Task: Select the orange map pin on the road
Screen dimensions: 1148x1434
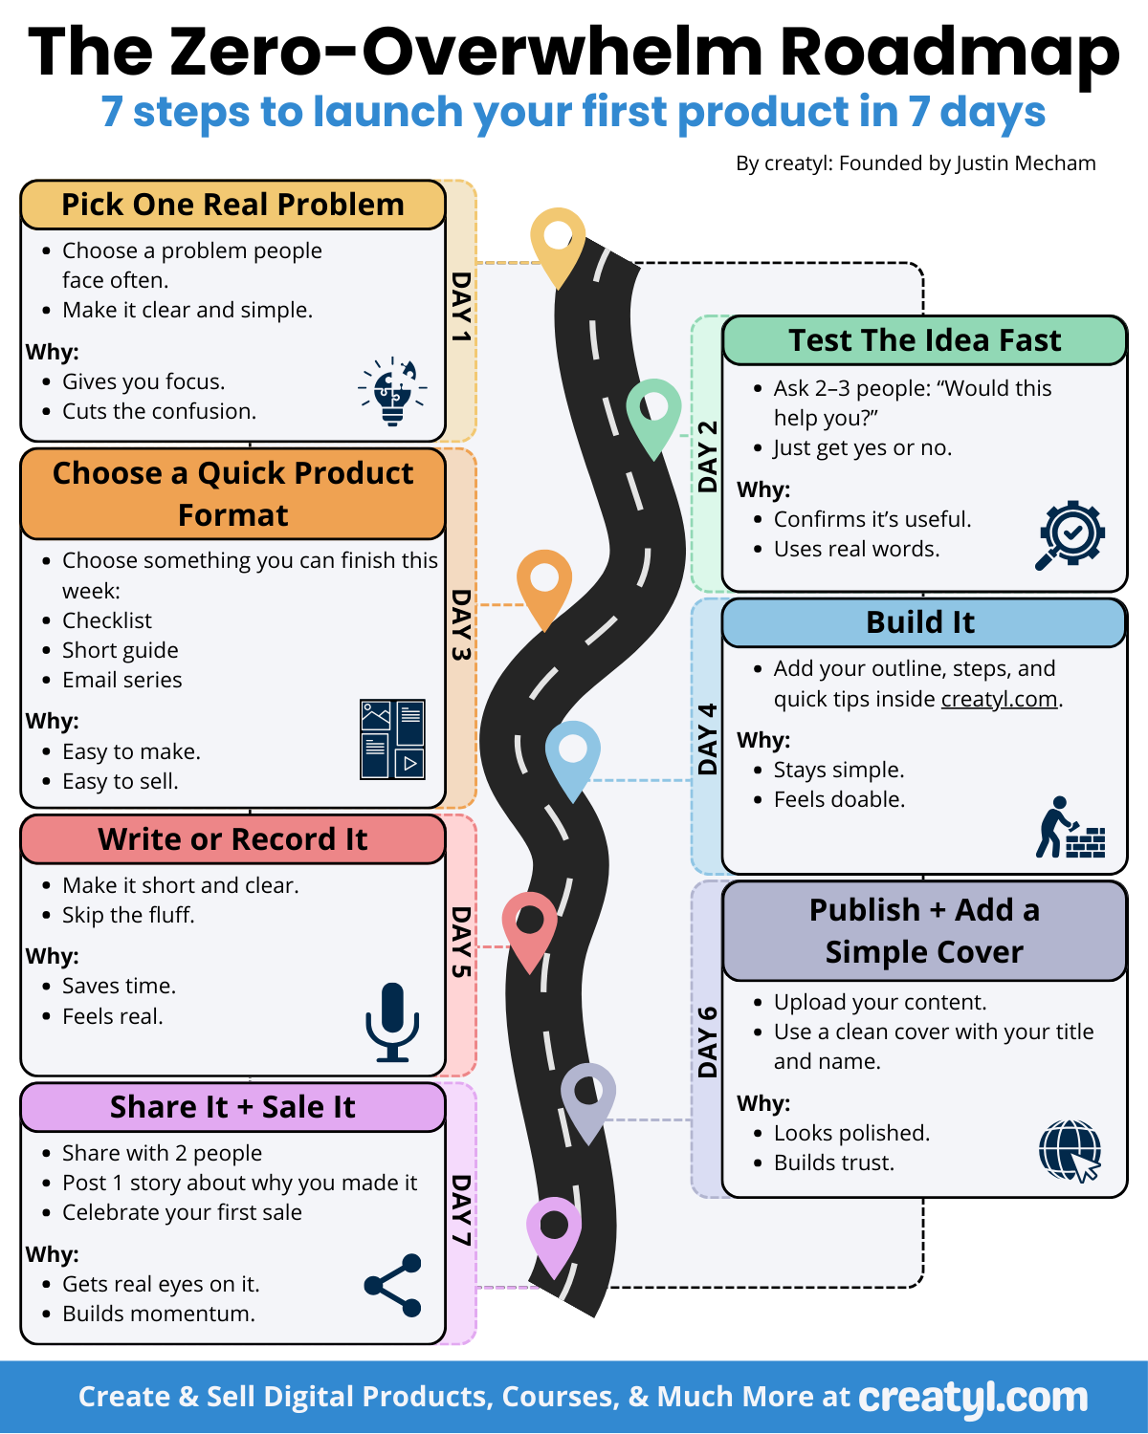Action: click(544, 584)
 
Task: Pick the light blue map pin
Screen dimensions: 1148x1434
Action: click(573, 755)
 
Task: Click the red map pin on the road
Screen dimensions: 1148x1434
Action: click(530, 926)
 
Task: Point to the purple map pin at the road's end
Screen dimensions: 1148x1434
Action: click(554, 1231)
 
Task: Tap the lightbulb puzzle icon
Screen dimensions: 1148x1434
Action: click(393, 391)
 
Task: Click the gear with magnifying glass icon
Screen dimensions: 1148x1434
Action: click(1071, 534)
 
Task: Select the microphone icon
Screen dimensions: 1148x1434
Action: click(392, 1022)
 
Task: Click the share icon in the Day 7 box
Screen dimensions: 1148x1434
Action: click(393, 1285)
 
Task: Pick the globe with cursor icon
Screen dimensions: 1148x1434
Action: click(1071, 1151)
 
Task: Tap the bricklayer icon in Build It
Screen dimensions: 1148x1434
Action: click(1071, 828)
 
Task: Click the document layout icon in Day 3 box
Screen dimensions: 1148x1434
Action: click(392, 739)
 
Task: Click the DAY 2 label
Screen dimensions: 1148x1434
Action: click(707, 456)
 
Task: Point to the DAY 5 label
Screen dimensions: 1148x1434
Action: click(461, 942)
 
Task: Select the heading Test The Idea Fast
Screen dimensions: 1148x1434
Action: click(924, 340)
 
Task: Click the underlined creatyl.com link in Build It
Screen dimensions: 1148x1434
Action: click(999, 699)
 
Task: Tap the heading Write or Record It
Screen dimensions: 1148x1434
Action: click(232, 839)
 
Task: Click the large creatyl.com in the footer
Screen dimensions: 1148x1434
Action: click(973, 1398)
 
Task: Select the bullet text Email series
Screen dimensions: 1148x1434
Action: click(121, 680)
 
